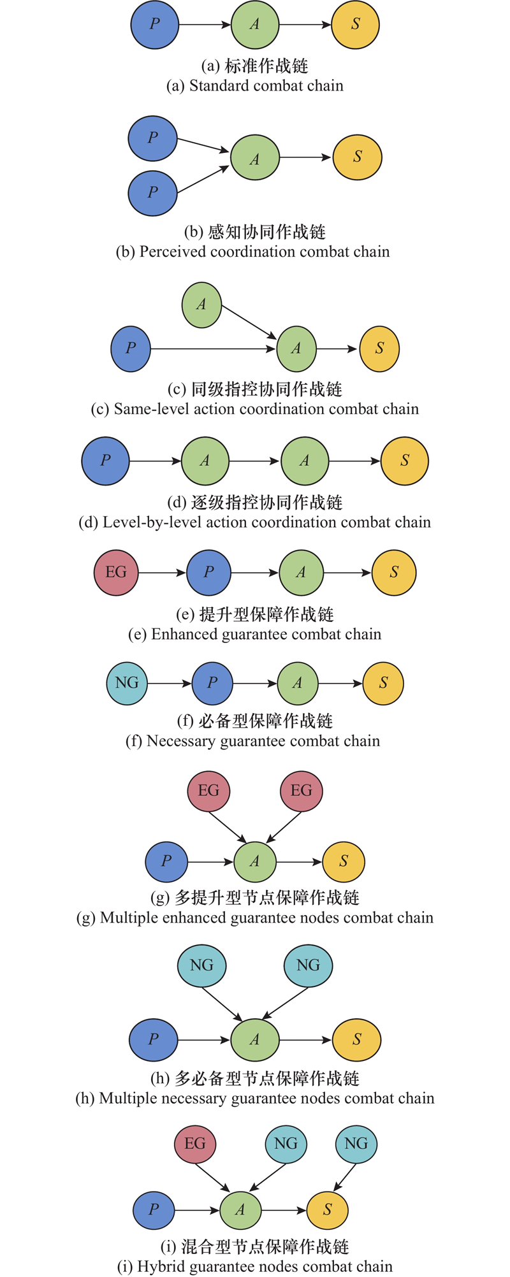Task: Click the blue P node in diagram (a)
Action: click(155, 25)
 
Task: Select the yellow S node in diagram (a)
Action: click(356, 25)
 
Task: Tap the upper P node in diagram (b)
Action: click(152, 138)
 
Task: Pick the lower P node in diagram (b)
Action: click(152, 192)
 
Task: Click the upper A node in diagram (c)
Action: click(201, 305)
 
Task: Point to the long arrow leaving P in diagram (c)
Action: click(210, 349)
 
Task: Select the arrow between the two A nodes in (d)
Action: click(254, 461)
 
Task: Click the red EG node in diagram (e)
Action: click(116, 572)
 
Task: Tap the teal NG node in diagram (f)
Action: click(127, 683)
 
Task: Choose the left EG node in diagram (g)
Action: click(208, 791)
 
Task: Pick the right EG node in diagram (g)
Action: click(302, 791)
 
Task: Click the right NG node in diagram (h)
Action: click(308, 965)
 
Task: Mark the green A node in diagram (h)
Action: click(255, 1039)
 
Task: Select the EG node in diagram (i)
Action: click(195, 1143)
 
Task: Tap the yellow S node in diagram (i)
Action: click(328, 1209)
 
